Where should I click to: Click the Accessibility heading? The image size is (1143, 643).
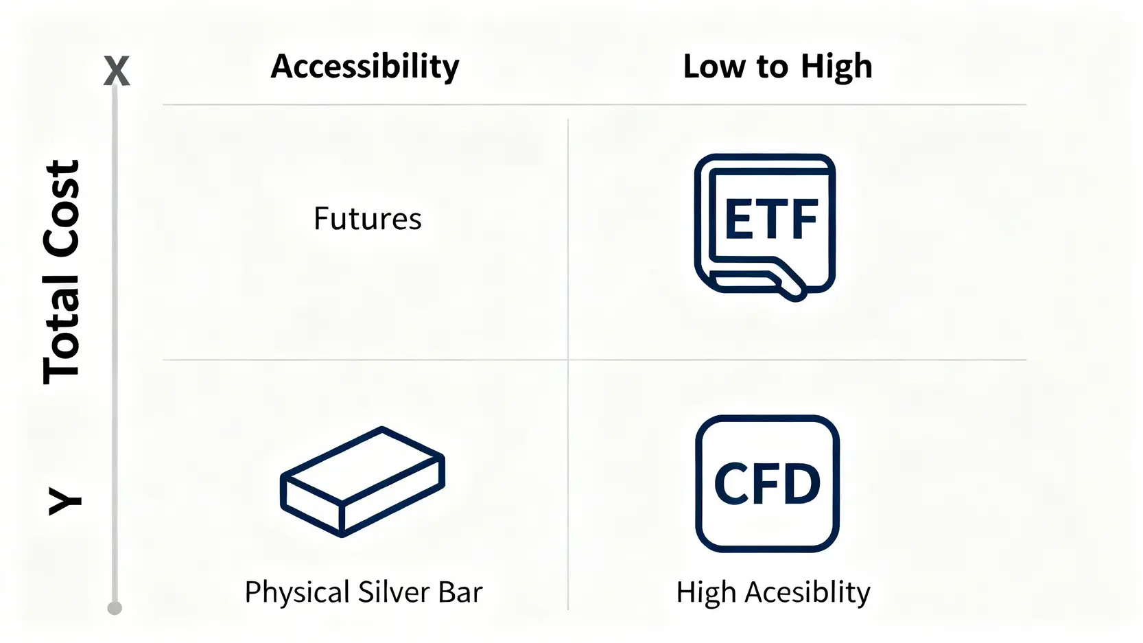point(365,67)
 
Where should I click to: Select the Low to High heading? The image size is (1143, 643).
point(777,67)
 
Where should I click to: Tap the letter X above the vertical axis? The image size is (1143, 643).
point(117,71)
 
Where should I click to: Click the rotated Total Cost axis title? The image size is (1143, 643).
point(61,272)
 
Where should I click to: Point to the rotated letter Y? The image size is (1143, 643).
point(64,501)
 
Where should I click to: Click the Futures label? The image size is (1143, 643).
point(368,219)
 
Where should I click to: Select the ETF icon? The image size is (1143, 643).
point(765,227)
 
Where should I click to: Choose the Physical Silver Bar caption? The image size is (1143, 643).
point(364,592)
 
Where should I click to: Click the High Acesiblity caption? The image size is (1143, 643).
point(773,592)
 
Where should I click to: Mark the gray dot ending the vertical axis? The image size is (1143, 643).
point(115,608)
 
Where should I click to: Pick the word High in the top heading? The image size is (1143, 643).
point(836,67)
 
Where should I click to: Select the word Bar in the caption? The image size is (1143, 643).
point(460,592)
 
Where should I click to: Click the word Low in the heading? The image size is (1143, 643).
point(714,67)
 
